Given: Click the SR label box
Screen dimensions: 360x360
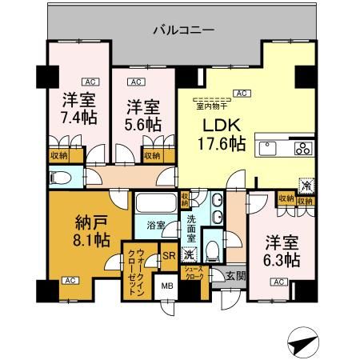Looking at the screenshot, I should click(x=168, y=256).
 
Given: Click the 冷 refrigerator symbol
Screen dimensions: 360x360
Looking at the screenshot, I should click(x=304, y=182).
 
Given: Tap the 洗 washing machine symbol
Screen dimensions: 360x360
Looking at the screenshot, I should click(x=189, y=255).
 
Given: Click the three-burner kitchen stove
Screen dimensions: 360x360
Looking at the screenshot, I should click(x=303, y=147).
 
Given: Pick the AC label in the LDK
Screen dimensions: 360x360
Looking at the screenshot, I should click(x=238, y=93).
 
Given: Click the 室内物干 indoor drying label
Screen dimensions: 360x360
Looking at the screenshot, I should click(x=210, y=103).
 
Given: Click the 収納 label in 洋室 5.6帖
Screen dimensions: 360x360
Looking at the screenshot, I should click(x=152, y=155).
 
